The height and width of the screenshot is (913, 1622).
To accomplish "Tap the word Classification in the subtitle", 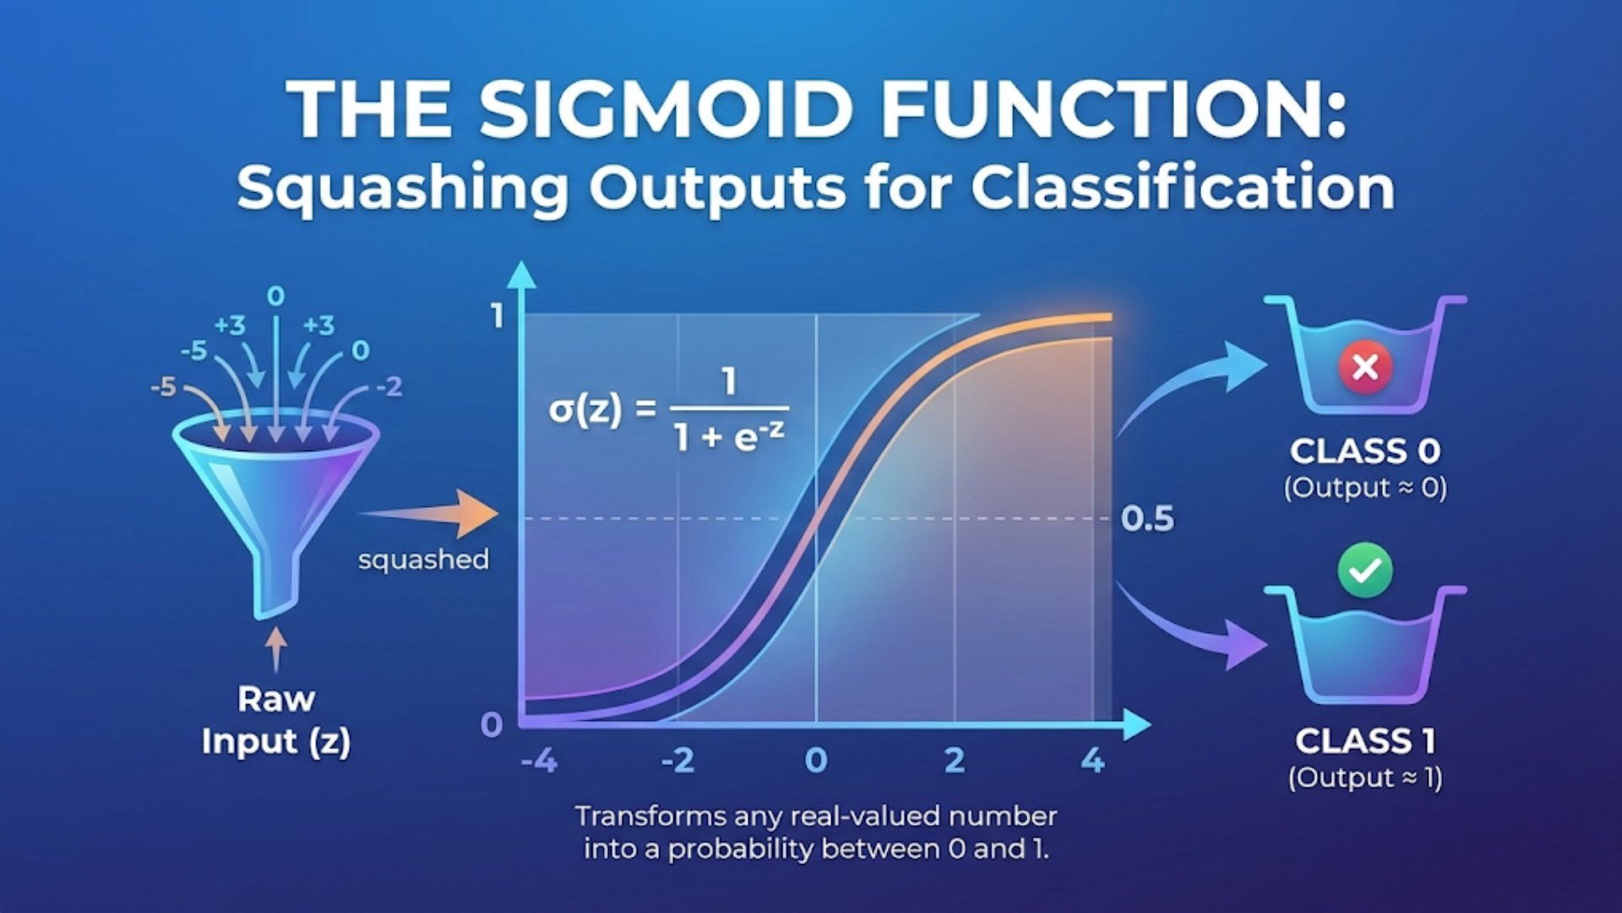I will [1183, 188].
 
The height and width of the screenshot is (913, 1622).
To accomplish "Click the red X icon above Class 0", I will [1365, 367].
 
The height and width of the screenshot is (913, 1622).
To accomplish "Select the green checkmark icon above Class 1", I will [1365, 571].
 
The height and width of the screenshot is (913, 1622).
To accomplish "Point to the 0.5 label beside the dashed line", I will [1147, 519].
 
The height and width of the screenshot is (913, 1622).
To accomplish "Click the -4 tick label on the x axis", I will [539, 761].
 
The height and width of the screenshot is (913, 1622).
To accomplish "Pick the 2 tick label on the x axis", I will [955, 761].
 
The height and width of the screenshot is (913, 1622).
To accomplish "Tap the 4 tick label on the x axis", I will [1092, 761].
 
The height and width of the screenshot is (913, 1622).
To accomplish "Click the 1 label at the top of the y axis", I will [497, 316].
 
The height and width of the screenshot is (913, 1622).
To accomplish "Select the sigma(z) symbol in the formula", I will [585, 410].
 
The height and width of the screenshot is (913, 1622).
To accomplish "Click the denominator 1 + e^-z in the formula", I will [728, 436].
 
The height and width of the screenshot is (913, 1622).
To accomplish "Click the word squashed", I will [423, 560].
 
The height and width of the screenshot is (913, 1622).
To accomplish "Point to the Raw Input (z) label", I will [275, 720].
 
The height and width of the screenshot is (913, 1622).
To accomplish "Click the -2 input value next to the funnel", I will [389, 387].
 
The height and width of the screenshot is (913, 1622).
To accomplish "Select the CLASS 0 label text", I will [1365, 451].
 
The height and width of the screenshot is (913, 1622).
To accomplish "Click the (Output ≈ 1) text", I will [1365, 778].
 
